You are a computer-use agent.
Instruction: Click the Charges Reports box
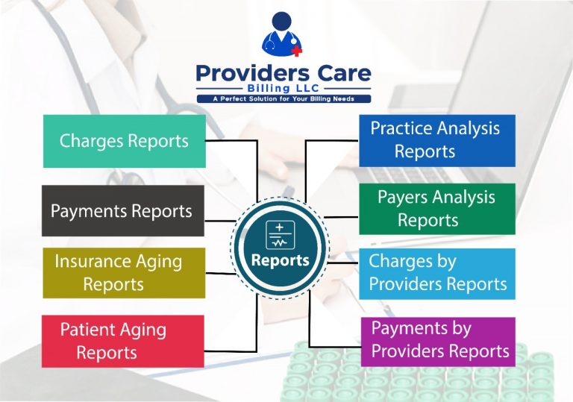(124, 141)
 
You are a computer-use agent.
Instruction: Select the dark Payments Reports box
(123, 211)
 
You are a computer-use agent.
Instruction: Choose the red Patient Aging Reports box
(123, 341)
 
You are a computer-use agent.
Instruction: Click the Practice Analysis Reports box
(436, 140)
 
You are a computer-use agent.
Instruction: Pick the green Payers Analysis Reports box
(436, 209)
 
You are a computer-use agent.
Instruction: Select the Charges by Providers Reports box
(436, 273)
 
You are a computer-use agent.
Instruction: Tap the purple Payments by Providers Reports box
(437, 339)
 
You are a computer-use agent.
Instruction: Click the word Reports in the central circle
(280, 260)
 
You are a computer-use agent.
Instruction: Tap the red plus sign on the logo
(296, 51)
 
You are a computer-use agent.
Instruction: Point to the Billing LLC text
(283, 88)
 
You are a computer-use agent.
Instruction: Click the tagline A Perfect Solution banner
(283, 99)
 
